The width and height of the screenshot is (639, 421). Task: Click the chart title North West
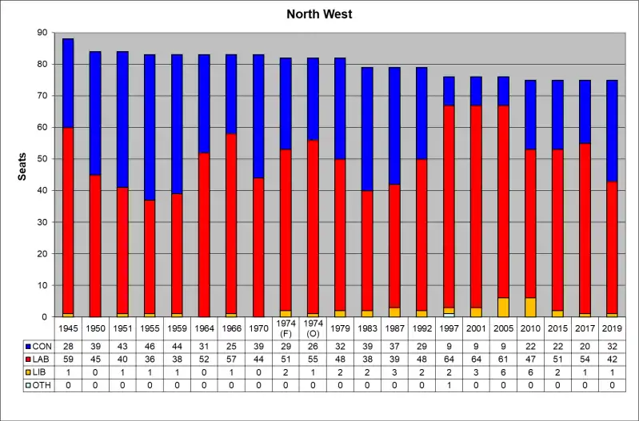[x=319, y=15]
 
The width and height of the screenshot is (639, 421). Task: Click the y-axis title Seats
[x=23, y=165]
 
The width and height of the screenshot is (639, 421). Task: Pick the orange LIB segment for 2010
[x=531, y=307]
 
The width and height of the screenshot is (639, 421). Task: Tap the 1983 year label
[x=367, y=328]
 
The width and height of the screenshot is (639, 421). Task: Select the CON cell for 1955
[x=150, y=346]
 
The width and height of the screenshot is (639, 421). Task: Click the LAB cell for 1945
[x=68, y=359]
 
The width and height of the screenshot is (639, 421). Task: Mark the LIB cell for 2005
[x=503, y=371]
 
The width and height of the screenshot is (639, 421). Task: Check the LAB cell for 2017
[x=585, y=359]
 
